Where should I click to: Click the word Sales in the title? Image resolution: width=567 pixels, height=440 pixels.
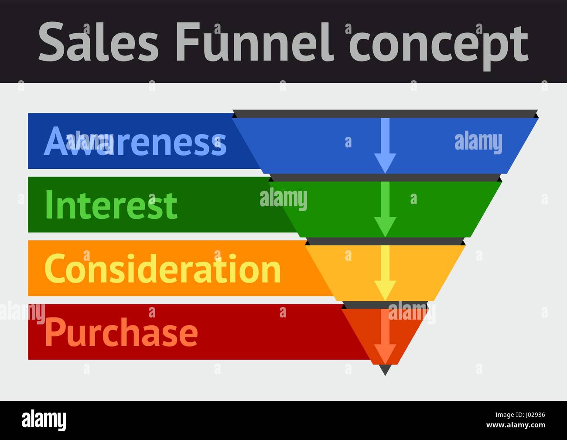99,42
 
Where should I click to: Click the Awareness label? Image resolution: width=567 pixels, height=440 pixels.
135,141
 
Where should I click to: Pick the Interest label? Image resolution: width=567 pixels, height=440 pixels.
111,205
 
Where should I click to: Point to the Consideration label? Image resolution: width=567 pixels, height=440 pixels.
162,269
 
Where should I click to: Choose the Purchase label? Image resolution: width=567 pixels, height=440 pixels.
121,332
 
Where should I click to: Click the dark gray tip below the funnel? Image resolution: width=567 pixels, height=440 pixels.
385,370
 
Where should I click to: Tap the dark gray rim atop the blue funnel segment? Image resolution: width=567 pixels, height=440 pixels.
385,114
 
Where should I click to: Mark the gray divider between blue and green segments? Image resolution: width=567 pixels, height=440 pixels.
385,177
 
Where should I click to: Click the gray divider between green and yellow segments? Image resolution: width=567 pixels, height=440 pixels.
385,241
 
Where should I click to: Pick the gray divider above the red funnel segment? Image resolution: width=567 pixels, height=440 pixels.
385,305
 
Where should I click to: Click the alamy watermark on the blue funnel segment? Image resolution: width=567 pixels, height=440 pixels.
478,142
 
